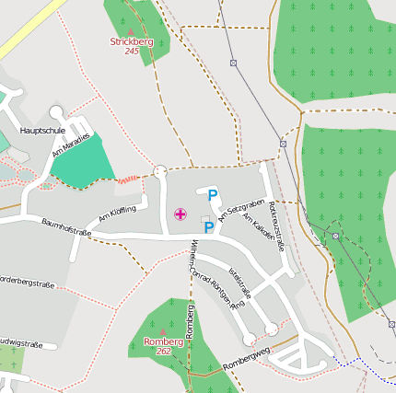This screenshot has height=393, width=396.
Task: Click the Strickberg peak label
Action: [131, 41]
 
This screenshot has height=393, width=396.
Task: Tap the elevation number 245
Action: [131, 52]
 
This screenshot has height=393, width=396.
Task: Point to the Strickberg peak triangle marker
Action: [131, 32]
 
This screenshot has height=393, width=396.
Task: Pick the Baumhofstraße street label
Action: [65, 226]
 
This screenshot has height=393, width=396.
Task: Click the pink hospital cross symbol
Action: [180, 214]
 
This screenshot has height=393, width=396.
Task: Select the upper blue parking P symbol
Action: [213, 195]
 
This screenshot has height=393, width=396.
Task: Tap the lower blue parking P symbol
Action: [209, 227]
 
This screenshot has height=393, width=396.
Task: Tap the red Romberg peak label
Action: [163, 341]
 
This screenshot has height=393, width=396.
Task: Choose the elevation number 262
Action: [163, 352]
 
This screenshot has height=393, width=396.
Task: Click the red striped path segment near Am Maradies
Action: [128, 179]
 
